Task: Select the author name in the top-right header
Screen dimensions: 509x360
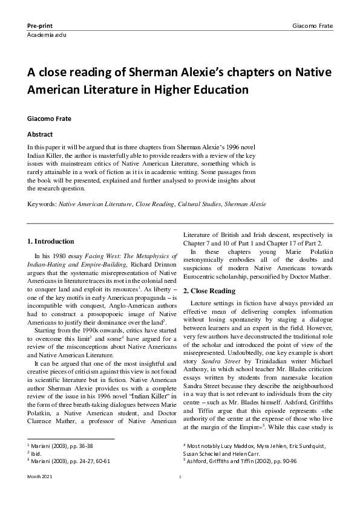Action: click(x=312, y=27)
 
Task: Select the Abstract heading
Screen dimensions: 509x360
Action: click(x=40, y=134)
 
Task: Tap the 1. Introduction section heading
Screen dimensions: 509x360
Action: click(x=51, y=241)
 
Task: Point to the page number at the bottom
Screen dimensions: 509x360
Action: click(x=180, y=494)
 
